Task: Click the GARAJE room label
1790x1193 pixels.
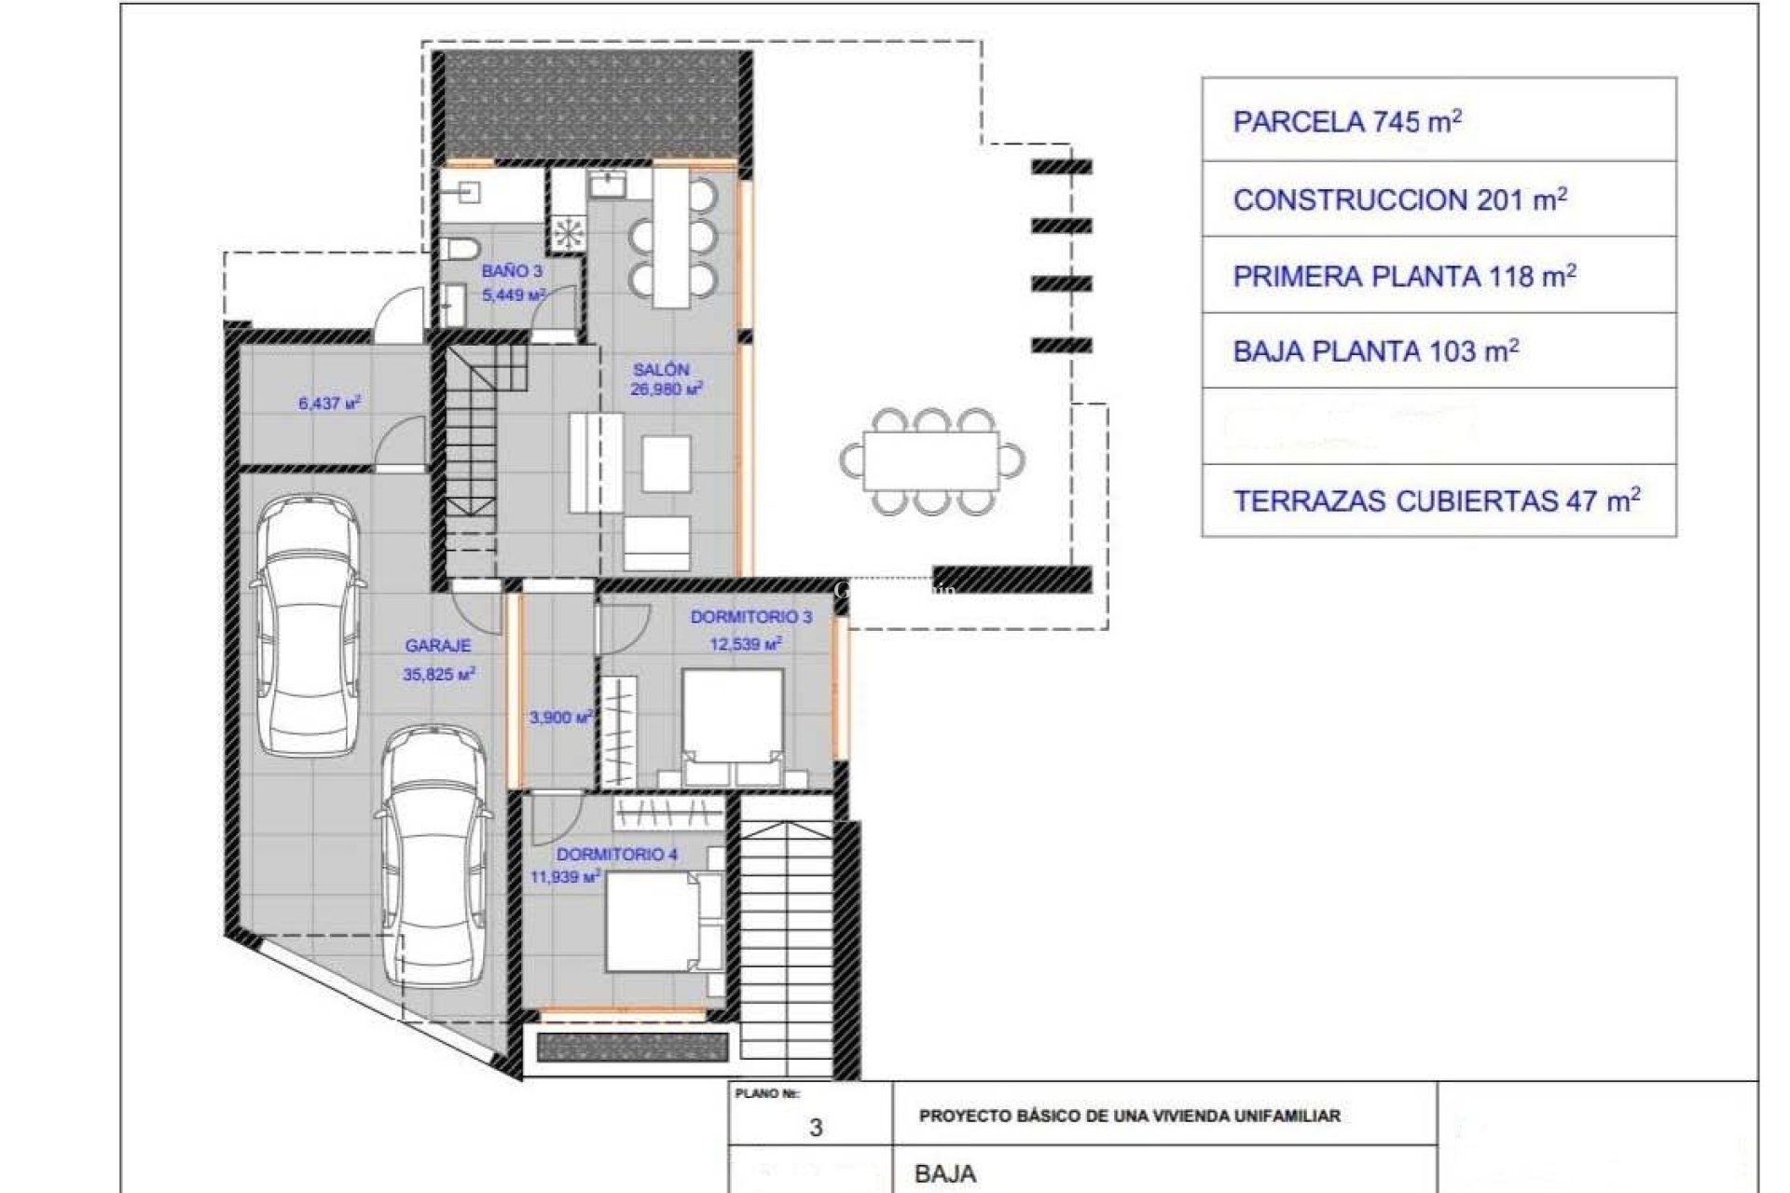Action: click(437, 645)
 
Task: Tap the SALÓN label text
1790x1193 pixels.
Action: click(661, 369)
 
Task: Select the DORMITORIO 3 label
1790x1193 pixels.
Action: click(750, 617)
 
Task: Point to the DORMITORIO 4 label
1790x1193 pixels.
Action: click(616, 855)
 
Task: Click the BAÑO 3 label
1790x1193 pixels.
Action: click(512, 271)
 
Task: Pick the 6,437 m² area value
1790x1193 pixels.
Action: click(329, 404)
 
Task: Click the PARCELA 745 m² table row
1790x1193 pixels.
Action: click(1439, 121)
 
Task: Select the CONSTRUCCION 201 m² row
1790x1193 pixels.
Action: click(1439, 199)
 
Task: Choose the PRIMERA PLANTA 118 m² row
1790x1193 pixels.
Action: click(1439, 276)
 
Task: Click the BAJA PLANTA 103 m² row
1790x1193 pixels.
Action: click(1439, 351)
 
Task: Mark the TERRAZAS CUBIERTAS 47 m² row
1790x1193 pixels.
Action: click(1439, 501)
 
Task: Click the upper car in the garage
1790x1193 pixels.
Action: click(308, 624)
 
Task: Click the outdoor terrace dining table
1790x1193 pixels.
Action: click(930, 460)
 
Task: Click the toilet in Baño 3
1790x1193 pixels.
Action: click(460, 249)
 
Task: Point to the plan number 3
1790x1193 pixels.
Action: click(816, 1128)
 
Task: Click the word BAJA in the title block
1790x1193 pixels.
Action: click(945, 1173)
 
